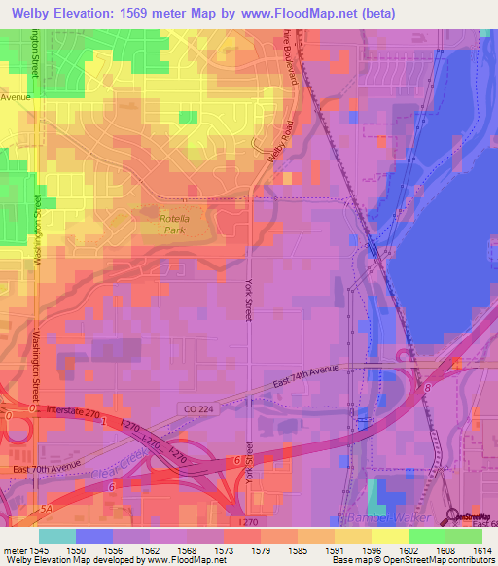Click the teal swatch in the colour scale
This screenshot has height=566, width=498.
(x=56, y=536)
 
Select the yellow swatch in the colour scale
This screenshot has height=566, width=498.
(x=389, y=536)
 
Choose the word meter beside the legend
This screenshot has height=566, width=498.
(x=17, y=549)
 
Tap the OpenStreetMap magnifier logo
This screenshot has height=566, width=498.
(x=451, y=514)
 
